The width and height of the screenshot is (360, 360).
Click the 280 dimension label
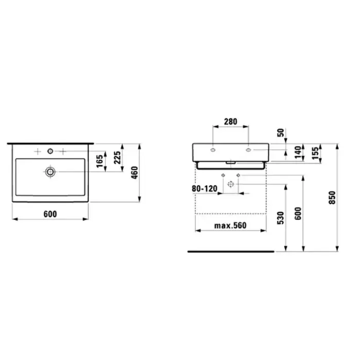[x=230, y=122]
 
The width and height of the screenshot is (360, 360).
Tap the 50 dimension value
[x=281, y=133]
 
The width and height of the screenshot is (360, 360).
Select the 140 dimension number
[x=298, y=152]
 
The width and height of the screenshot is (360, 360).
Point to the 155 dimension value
[x=315, y=153]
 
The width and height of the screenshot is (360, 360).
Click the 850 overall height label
[x=332, y=197]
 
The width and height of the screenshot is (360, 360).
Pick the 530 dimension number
[x=281, y=218]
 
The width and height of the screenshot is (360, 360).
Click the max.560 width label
[x=230, y=226]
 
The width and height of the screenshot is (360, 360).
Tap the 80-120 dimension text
[x=204, y=189]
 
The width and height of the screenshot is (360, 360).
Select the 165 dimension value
[x=100, y=161]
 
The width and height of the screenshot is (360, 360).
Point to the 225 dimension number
[x=117, y=157]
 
